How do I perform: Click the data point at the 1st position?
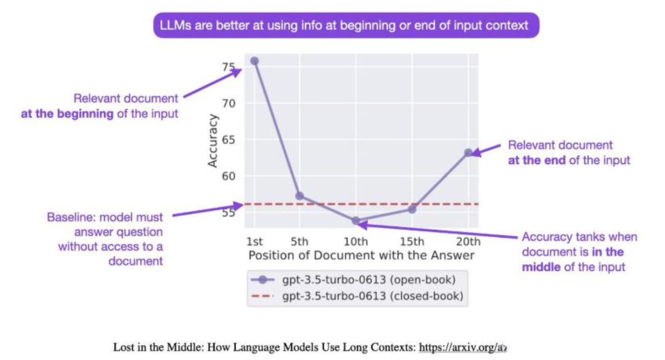pos(254,61)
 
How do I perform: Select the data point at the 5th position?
pos(299,196)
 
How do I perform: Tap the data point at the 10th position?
pos(356,220)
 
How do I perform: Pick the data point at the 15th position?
pos(412,209)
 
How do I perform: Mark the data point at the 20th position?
pos(468,152)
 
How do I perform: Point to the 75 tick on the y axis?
pos(228,68)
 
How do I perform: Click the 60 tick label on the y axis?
pos(228,176)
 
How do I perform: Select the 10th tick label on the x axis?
pos(356,241)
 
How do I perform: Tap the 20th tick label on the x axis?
pos(468,241)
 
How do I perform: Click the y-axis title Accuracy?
pos(213,141)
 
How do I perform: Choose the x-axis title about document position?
pos(361,255)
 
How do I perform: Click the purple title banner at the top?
pos(346,25)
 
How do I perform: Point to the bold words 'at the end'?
pos(536,161)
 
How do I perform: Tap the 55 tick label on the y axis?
pos(228,212)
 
